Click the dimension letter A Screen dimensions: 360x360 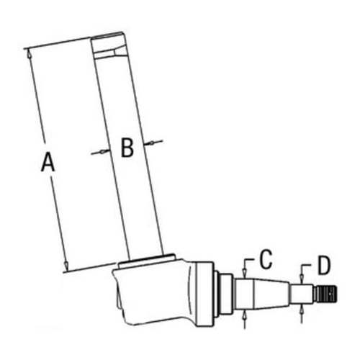[48, 163]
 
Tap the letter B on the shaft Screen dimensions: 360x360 [126, 148]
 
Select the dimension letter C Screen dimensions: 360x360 [265, 257]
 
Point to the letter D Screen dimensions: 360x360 [323, 266]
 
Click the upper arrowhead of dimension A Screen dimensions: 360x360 [28, 51]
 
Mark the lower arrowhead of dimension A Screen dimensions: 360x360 [66, 269]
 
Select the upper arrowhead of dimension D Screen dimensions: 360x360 [301, 280]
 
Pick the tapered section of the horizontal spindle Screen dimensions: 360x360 [270, 293]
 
